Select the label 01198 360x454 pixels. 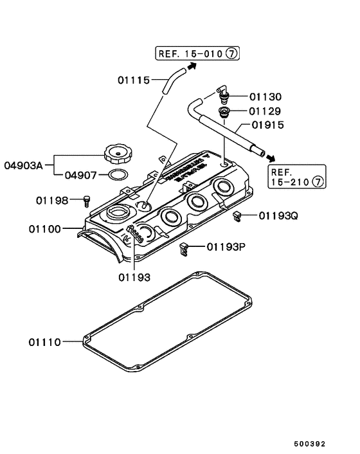pyautogui.click(x=52, y=201)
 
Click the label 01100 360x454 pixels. pyautogui.click(x=44, y=228)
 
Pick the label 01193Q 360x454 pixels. pyautogui.click(x=278, y=215)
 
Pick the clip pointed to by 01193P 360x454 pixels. pyautogui.click(x=184, y=248)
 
